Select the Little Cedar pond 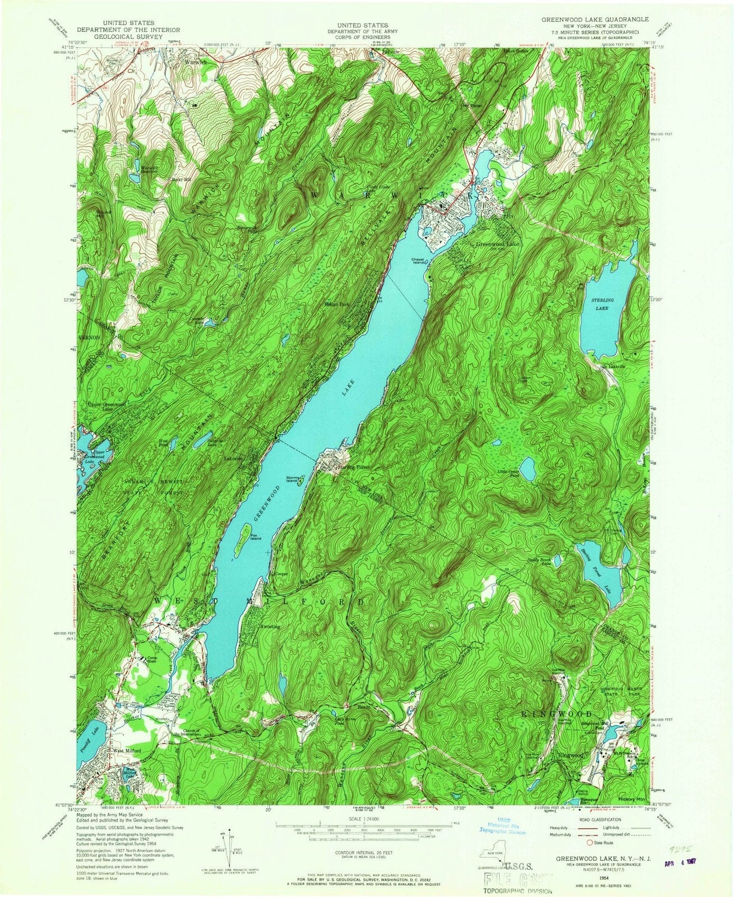527,465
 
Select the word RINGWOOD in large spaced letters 557,714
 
